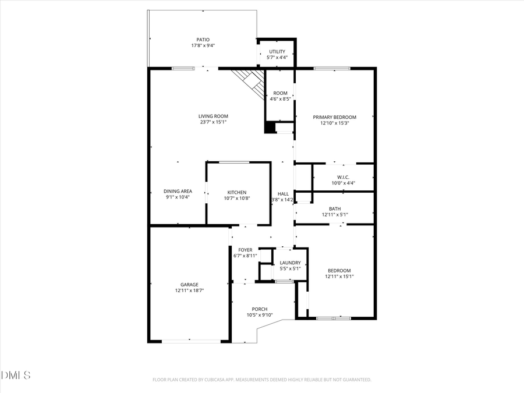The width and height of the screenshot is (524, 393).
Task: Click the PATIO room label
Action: click(203, 40)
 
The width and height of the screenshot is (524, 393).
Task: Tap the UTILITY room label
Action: click(277, 52)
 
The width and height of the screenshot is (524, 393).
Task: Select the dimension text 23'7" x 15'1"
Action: click(213, 122)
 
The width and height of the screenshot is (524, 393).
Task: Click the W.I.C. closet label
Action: click(343, 177)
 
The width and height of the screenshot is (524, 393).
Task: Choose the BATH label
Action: click(335, 208)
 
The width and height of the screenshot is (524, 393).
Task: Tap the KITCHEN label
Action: click(236, 192)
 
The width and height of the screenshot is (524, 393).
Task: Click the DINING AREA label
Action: click(178, 191)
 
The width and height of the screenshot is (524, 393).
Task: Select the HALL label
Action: click(283, 194)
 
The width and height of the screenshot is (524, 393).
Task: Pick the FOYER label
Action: click(245, 250)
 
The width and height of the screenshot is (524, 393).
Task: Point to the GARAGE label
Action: click(189, 285)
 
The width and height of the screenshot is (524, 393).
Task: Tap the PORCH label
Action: click(260, 309)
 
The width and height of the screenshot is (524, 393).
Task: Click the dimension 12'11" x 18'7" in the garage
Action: click(189, 290)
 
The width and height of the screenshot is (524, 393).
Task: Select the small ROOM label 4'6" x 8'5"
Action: click(280, 93)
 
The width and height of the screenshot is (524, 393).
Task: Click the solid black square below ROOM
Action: click(270, 128)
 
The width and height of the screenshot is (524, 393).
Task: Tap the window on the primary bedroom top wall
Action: click(332, 69)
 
